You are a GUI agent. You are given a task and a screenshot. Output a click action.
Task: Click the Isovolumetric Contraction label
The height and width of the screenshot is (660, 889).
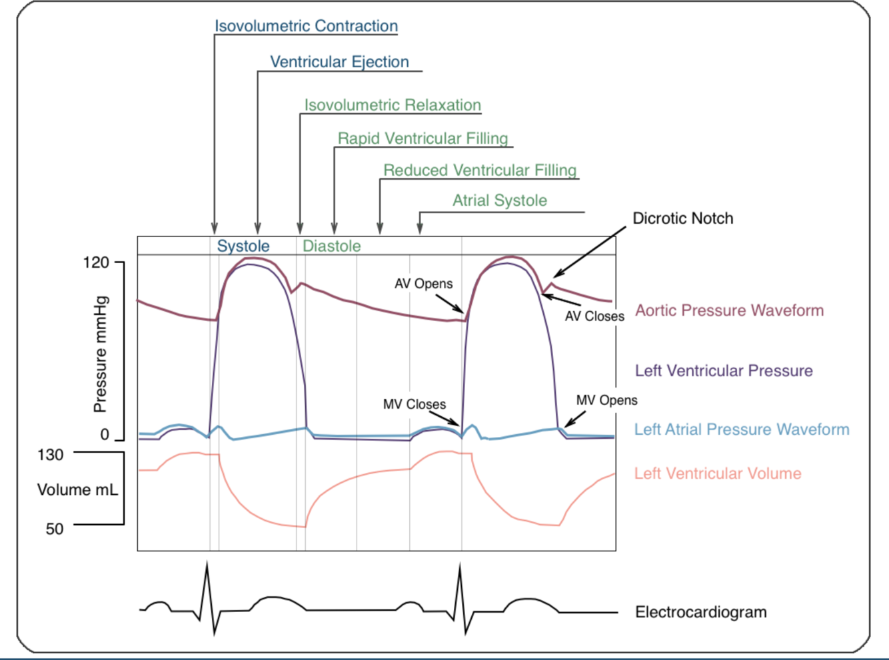306,26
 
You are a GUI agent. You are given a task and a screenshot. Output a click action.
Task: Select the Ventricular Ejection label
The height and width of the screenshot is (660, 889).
339,62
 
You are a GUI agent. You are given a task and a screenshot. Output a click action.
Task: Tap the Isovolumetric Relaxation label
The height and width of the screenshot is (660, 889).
393,105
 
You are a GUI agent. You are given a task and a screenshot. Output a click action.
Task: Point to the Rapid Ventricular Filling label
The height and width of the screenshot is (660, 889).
423,139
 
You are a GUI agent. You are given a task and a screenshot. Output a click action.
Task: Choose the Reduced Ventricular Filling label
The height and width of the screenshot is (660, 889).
480,170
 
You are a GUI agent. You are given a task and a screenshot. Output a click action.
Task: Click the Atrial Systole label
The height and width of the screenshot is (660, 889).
500,200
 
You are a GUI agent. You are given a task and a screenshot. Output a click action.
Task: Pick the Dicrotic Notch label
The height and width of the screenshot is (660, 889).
682,218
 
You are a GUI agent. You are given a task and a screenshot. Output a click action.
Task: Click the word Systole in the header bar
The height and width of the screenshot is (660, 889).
243,246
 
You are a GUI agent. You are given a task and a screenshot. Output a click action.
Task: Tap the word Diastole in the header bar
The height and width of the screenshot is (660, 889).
331,246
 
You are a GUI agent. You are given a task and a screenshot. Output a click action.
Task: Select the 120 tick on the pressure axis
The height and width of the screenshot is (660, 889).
96,262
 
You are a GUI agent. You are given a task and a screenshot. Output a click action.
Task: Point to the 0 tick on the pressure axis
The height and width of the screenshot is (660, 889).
105,435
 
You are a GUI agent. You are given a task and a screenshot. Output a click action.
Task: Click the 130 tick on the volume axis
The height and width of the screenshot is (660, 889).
51,455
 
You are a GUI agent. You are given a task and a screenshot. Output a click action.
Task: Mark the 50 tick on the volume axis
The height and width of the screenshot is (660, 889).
55,529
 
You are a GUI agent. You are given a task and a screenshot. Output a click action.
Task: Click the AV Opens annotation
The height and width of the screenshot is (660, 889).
423,284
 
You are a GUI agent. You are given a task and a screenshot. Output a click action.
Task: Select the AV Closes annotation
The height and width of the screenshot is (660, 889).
594,316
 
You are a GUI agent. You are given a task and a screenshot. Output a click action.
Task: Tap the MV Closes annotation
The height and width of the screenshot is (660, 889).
415,404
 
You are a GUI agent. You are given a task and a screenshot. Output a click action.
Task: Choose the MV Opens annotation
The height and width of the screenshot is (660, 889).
606,400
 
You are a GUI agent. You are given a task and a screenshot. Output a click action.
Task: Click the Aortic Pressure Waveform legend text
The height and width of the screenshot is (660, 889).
729,310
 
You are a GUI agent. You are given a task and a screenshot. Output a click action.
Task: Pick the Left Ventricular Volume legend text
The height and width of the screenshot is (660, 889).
718,474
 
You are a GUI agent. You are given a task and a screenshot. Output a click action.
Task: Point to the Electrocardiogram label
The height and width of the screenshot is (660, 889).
700,612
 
